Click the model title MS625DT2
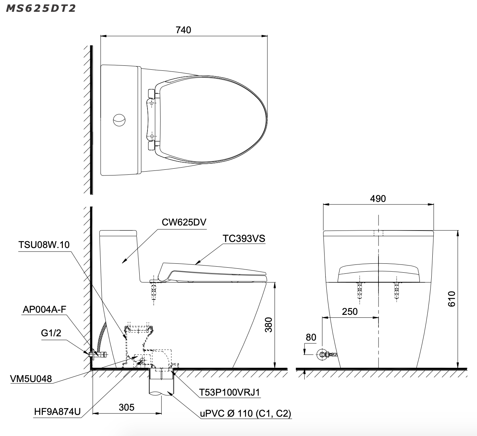click(x=41, y=8)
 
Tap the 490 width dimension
click(x=378, y=198)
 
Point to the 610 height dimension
click(x=451, y=299)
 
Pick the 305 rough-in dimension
click(x=126, y=407)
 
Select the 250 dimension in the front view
click(x=350, y=311)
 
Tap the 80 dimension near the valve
click(x=311, y=337)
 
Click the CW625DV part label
click(x=184, y=222)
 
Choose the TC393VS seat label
click(x=244, y=238)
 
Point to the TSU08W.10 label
click(x=44, y=245)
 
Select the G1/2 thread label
click(x=51, y=333)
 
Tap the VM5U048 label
click(x=31, y=379)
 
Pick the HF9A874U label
click(x=57, y=412)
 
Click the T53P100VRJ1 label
click(x=230, y=392)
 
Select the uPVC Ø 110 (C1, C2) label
click(x=245, y=413)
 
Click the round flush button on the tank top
click(x=119, y=120)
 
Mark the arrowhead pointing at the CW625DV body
click(x=124, y=262)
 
